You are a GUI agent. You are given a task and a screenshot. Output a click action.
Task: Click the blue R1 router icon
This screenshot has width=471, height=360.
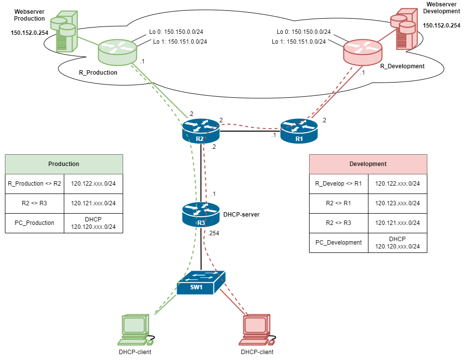click(x=299, y=131)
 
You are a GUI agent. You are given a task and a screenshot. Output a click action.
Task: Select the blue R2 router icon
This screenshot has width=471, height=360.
click(x=200, y=131)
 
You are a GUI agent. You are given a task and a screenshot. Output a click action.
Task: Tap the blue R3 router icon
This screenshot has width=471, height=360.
click(x=201, y=214)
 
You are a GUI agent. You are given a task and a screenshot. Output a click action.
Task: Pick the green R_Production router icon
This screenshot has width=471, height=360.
click(x=117, y=52)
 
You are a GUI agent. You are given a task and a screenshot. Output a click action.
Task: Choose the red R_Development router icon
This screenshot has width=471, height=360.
click(x=363, y=52)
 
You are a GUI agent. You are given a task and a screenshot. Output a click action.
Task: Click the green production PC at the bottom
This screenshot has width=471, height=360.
click(x=135, y=330)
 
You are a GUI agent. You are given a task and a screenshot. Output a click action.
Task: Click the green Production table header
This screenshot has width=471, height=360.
click(x=64, y=164)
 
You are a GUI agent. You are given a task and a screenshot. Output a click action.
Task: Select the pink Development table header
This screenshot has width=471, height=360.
click(x=368, y=164)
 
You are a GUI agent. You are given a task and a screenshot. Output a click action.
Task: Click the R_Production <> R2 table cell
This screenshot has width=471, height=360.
click(x=34, y=184)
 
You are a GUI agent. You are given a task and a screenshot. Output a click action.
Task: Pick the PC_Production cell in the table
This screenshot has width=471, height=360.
click(x=34, y=223)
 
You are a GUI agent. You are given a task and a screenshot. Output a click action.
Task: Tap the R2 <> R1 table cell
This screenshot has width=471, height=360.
click(x=339, y=203)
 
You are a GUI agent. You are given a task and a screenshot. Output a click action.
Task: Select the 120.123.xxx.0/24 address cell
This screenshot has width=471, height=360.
click(x=397, y=203)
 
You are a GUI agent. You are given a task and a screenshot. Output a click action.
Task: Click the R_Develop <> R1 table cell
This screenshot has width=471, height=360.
click(x=339, y=184)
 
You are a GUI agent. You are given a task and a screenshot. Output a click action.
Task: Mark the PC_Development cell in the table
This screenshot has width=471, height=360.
click(x=339, y=243)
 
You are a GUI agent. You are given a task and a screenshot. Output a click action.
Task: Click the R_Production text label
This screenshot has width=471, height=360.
click(x=98, y=73)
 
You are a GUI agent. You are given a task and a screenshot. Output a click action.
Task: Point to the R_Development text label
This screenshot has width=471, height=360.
click(x=402, y=66)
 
